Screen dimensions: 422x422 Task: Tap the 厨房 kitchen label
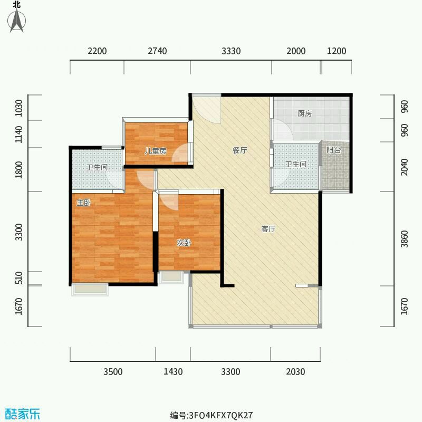coord(305,113)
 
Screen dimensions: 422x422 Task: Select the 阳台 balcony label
coord(334,150)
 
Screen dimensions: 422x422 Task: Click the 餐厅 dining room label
coord(240,150)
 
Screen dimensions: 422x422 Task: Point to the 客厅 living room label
coord(268,229)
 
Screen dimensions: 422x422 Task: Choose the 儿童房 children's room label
coord(156,151)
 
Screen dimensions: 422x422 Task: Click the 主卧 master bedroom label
coord(84,203)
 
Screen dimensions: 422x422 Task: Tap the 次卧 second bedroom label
coord(184,243)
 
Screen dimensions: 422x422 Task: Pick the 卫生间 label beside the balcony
coord(296,164)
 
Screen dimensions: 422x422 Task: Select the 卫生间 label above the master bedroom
coord(97,167)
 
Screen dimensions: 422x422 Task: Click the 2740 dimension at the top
coord(157,51)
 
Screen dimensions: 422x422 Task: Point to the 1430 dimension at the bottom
coord(173,372)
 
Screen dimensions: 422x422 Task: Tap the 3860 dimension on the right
coord(404,239)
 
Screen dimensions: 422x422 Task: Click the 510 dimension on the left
coord(19,278)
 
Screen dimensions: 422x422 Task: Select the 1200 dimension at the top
coord(337,51)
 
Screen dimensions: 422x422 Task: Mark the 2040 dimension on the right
coord(404,167)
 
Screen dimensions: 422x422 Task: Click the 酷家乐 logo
coord(23,414)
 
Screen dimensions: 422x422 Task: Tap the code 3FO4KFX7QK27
coord(221,415)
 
